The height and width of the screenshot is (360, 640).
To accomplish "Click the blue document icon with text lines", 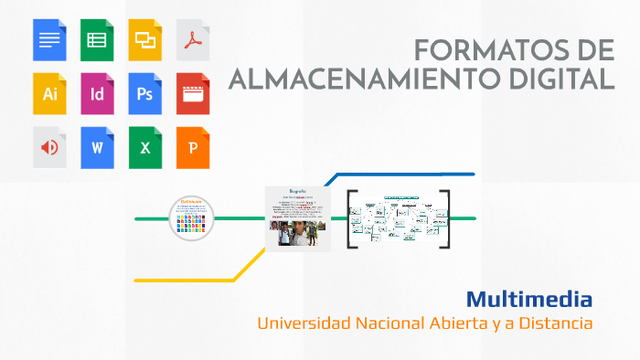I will (x=49, y=39).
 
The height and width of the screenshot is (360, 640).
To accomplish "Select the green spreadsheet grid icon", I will (x=97, y=39).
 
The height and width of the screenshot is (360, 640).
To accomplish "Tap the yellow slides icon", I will (x=144, y=39).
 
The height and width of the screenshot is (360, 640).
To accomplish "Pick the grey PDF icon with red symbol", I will (x=193, y=39).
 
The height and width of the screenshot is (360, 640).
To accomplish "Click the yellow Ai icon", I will (x=49, y=93).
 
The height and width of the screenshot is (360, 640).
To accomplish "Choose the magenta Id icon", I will (x=97, y=93).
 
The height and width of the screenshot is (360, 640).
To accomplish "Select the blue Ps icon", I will (x=144, y=93).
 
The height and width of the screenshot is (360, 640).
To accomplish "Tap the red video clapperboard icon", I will (x=193, y=93).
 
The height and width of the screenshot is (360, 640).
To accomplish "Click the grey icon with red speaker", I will (x=49, y=147).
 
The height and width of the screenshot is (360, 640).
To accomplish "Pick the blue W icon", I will (x=97, y=147).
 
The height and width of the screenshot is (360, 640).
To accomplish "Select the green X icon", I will (x=144, y=147).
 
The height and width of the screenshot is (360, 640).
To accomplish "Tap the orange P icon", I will (x=193, y=147).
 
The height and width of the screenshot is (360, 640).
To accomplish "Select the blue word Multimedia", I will (x=529, y=299).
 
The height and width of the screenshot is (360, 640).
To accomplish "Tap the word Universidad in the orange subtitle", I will (x=301, y=323).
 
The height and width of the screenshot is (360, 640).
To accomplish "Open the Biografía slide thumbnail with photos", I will (x=297, y=217).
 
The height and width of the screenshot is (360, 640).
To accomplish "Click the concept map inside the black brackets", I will (x=399, y=220).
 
